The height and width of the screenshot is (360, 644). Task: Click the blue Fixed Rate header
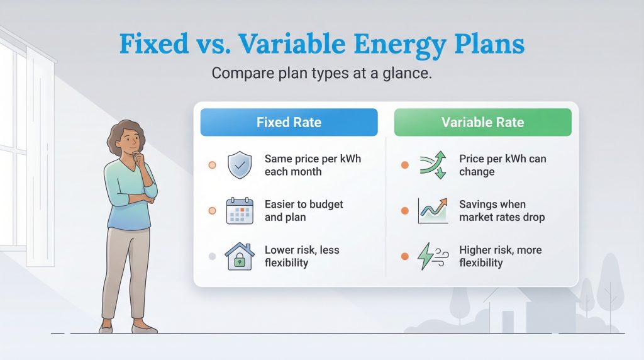click(289, 122)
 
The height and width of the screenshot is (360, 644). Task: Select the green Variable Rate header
click(482, 122)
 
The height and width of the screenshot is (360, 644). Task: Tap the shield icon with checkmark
click(239, 166)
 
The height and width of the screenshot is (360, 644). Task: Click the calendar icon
click(239, 211)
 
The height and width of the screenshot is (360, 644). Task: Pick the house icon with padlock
click(239, 257)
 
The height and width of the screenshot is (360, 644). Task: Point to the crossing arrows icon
click(433, 166)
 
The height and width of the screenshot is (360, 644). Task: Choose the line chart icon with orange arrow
click(433, 211)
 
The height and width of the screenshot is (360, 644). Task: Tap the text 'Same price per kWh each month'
click(313, 166)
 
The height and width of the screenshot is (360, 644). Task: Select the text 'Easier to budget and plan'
click(304, 211)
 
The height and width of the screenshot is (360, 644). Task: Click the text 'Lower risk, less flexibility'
click(302, 256)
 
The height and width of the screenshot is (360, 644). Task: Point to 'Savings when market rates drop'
click(501, 211)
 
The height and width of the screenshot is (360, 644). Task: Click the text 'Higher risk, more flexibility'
click(500, 256)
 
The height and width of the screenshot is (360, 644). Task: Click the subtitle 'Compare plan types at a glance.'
click(321, 73)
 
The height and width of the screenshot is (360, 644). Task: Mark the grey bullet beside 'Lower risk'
click(212, 256)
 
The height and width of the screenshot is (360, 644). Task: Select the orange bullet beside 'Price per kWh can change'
click(405, 166)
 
